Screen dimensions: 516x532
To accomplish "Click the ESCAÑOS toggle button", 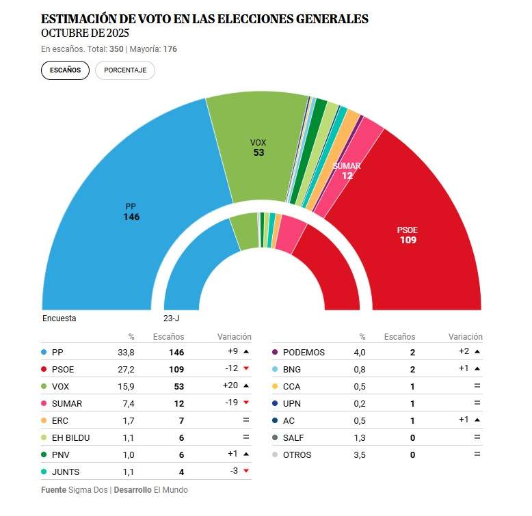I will (65, 70).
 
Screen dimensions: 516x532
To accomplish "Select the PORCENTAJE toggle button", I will (125, 70).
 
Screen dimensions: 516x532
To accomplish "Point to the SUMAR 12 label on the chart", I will (347, 171).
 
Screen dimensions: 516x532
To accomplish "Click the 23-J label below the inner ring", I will (171, 318).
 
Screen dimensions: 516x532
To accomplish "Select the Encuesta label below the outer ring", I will (59, 318).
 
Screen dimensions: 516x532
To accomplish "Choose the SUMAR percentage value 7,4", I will (127, 404).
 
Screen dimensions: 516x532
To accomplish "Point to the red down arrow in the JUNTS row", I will (245, 472).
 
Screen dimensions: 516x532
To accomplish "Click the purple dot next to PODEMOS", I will (275, 353).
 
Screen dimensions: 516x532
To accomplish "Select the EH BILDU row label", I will (70, 438).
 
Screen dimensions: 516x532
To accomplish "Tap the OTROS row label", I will (297, 455).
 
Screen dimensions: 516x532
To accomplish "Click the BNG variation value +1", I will (464, 370).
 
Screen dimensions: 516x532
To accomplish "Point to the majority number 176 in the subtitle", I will (170, 49).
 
